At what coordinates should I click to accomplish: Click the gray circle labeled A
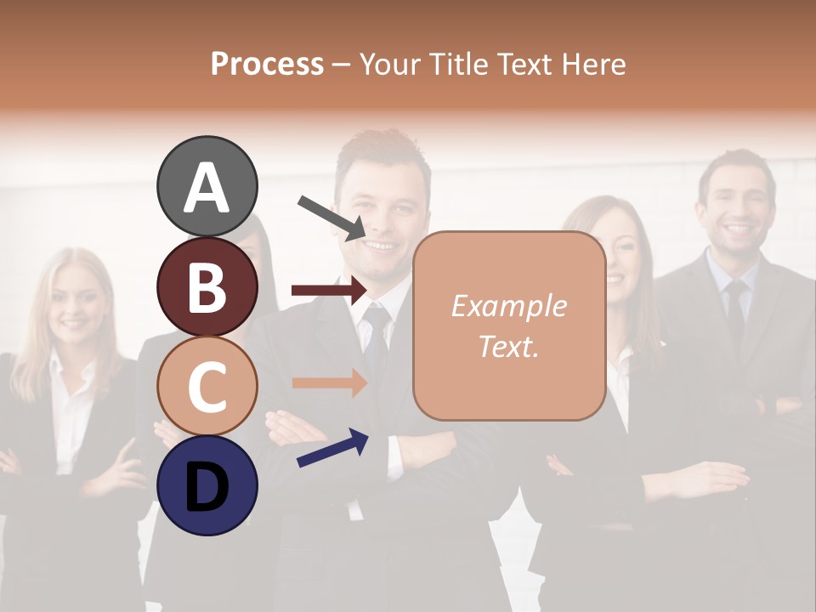point(207,187)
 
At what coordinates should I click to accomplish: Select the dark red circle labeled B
point(207,287)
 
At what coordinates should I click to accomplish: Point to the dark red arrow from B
point(329,291)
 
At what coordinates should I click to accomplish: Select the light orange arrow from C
point(329,383)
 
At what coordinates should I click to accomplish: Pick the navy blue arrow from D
point(332,448)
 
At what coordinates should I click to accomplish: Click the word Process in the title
point(267,64)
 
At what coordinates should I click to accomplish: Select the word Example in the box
point(508,306)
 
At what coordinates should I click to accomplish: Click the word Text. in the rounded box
point(508,346)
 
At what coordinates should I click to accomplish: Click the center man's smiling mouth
point(379,246)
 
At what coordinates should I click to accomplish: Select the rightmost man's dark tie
point(735,310)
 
